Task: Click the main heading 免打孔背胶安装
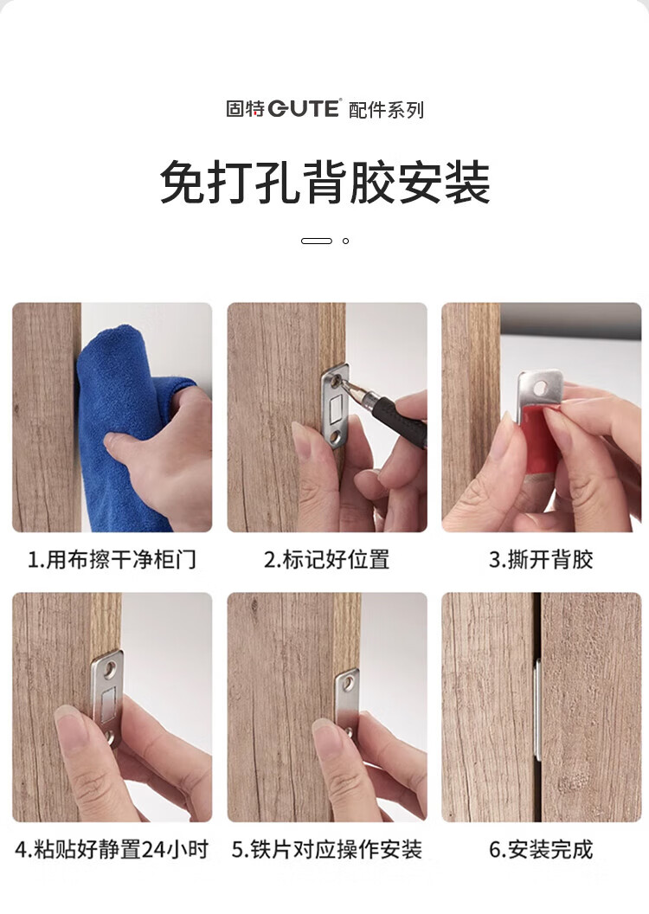coord(325,182)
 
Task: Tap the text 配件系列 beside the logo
coord(386,110)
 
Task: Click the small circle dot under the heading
coord(345,241)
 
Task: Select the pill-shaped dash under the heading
coord(317,241)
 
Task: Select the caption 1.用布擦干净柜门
coord(112,560)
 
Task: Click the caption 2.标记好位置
coord(326,560)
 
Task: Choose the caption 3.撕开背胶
coord(541,560)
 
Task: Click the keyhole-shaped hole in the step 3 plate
coord(541,387)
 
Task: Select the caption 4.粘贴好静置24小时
coord(112,849)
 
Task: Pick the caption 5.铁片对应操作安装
coord(326,849)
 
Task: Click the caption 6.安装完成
coord(541,849)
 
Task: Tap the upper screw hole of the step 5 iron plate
coord(349,681)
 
